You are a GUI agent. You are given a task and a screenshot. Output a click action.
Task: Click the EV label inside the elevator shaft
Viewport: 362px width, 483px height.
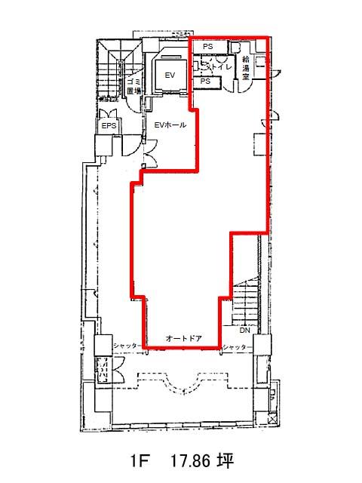[170, 75]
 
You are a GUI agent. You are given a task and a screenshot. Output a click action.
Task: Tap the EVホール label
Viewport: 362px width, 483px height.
[170, 125]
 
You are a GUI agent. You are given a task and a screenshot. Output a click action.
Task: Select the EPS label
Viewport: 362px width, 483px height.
[109, 126]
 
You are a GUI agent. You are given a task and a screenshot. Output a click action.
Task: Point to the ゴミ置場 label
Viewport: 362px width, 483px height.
[134, 86]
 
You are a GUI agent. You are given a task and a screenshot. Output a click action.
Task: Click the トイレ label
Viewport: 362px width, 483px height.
[220, 66]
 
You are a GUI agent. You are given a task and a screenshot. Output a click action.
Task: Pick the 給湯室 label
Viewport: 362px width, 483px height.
[245, 68]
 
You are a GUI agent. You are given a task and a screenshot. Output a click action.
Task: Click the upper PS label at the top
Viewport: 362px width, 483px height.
[208, 47]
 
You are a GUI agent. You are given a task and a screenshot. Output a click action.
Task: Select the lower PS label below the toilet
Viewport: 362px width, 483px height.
[205, 81]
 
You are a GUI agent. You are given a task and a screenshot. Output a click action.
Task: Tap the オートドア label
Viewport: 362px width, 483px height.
[184, 339]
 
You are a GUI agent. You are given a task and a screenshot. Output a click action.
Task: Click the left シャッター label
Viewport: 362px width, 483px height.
[126, 346]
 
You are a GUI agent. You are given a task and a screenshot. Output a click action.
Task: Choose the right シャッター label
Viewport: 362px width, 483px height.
[235, 347]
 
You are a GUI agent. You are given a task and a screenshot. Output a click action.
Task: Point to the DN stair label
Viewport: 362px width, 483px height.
[244, 331]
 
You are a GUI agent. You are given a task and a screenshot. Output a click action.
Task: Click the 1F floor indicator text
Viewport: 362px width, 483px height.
[139, 461]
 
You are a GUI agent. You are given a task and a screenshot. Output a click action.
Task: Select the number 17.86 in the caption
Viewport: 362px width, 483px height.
[190, 461]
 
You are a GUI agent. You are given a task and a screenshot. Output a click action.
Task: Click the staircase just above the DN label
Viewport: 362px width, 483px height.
[245, 303]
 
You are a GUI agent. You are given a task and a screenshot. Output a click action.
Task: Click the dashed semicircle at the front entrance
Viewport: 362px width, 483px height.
[183, 385]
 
